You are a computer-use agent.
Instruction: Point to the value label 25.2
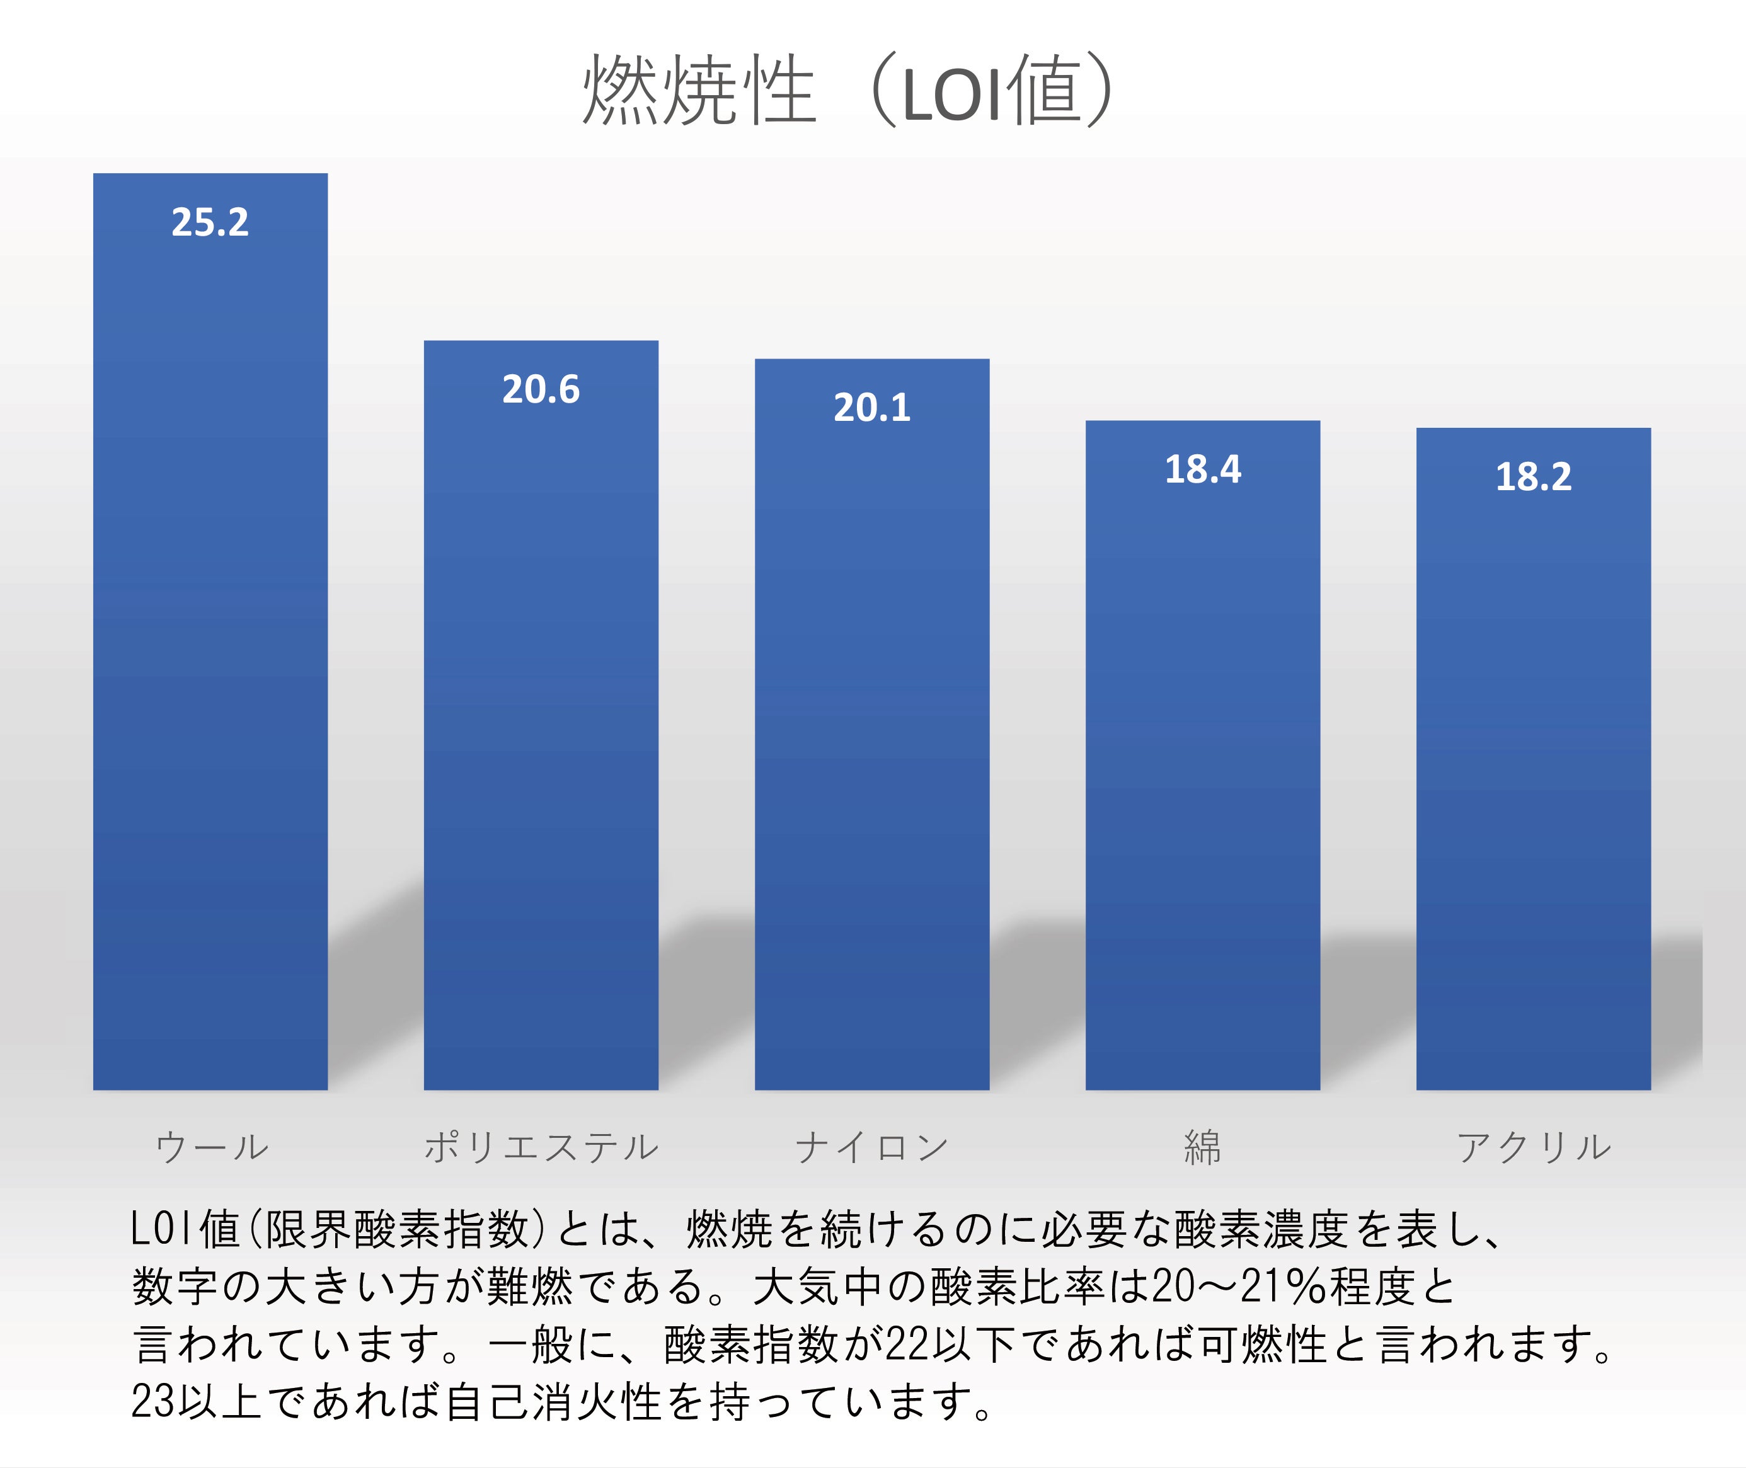pyautogui.click(x=210, y=222)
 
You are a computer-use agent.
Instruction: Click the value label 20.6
pyautogui.click(x=541, y=389)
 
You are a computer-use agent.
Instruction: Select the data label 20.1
pyautogui.click(x=871, y=408)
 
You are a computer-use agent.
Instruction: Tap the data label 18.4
pyautogui.click(x=1203, y=469)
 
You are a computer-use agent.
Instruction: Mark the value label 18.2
pyautogui.click(x=1533, y=477)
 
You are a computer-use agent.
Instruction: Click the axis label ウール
pyautogui.click(x=211, y=1147)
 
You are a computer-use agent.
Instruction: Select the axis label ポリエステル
pyautogui.click(x=541, y=1147)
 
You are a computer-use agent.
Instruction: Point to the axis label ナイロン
pyautogui.click(x=871, y=1147)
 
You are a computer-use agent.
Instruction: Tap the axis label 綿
pyautogui.click(x=1203, y=1147)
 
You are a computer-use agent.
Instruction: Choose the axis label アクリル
pyautogui.click(x=1533, y=1147)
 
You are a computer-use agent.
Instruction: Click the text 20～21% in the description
pyautogui.click(x=1239, y=1287)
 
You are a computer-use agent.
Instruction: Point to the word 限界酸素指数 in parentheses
pyautogui.click(x=397, y=1229)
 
